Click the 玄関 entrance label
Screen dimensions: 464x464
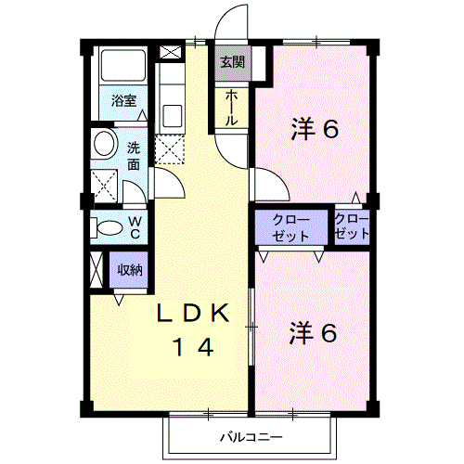pos(232,62)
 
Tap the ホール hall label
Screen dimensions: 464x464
pos(231,108)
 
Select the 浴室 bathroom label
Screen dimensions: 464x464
pos(123,100)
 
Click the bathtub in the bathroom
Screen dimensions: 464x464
pos(123,65)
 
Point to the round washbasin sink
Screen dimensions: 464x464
pos(104,143)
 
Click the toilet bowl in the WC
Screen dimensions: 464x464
pos(110,227)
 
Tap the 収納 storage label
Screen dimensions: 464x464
pos(130,270)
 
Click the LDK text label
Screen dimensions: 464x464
pos(193,313)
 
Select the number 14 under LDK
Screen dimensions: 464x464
pos(193,347)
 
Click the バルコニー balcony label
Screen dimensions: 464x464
pos(251,437)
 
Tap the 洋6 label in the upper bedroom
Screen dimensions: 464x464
pos(315,129)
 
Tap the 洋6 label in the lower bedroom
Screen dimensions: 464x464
pos(313,332)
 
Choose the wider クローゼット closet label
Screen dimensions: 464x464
pos(290,228)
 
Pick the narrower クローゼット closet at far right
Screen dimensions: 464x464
pos(352,226)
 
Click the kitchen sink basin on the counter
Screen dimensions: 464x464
pos(172,115)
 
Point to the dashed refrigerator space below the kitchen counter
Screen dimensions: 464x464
pos(170,150)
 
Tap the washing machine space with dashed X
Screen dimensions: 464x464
pos(104,187)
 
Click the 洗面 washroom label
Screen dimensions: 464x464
pos(134,156)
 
